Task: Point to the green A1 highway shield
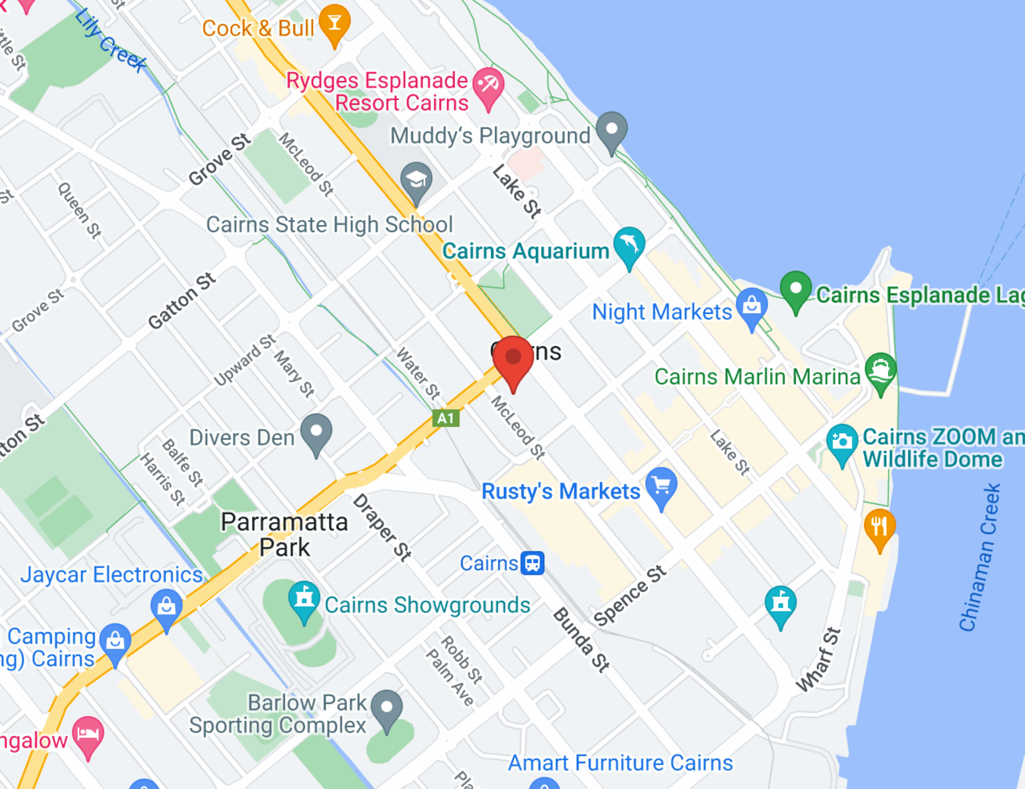point(446,418)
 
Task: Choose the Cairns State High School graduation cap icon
point(416,180)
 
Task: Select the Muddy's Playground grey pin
point(612,129)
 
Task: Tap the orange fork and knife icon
point(880,526)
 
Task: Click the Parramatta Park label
point(284,535)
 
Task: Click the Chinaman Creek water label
point(980,558)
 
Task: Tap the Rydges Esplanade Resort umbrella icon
point(488,85)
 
